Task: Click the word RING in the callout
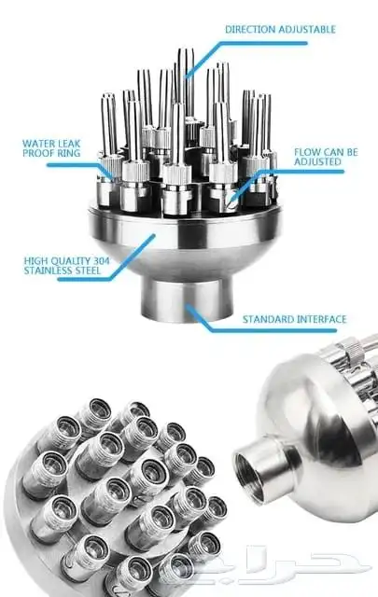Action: click(69, 153)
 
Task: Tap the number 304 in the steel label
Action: click(101, 261)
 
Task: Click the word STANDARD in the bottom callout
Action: click(268, 319)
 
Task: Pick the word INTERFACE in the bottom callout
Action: click(322, 319)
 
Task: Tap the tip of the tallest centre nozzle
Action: click(186, 49)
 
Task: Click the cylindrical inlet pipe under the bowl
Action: click(187, 299)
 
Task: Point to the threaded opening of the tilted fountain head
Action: click(251, 472)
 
